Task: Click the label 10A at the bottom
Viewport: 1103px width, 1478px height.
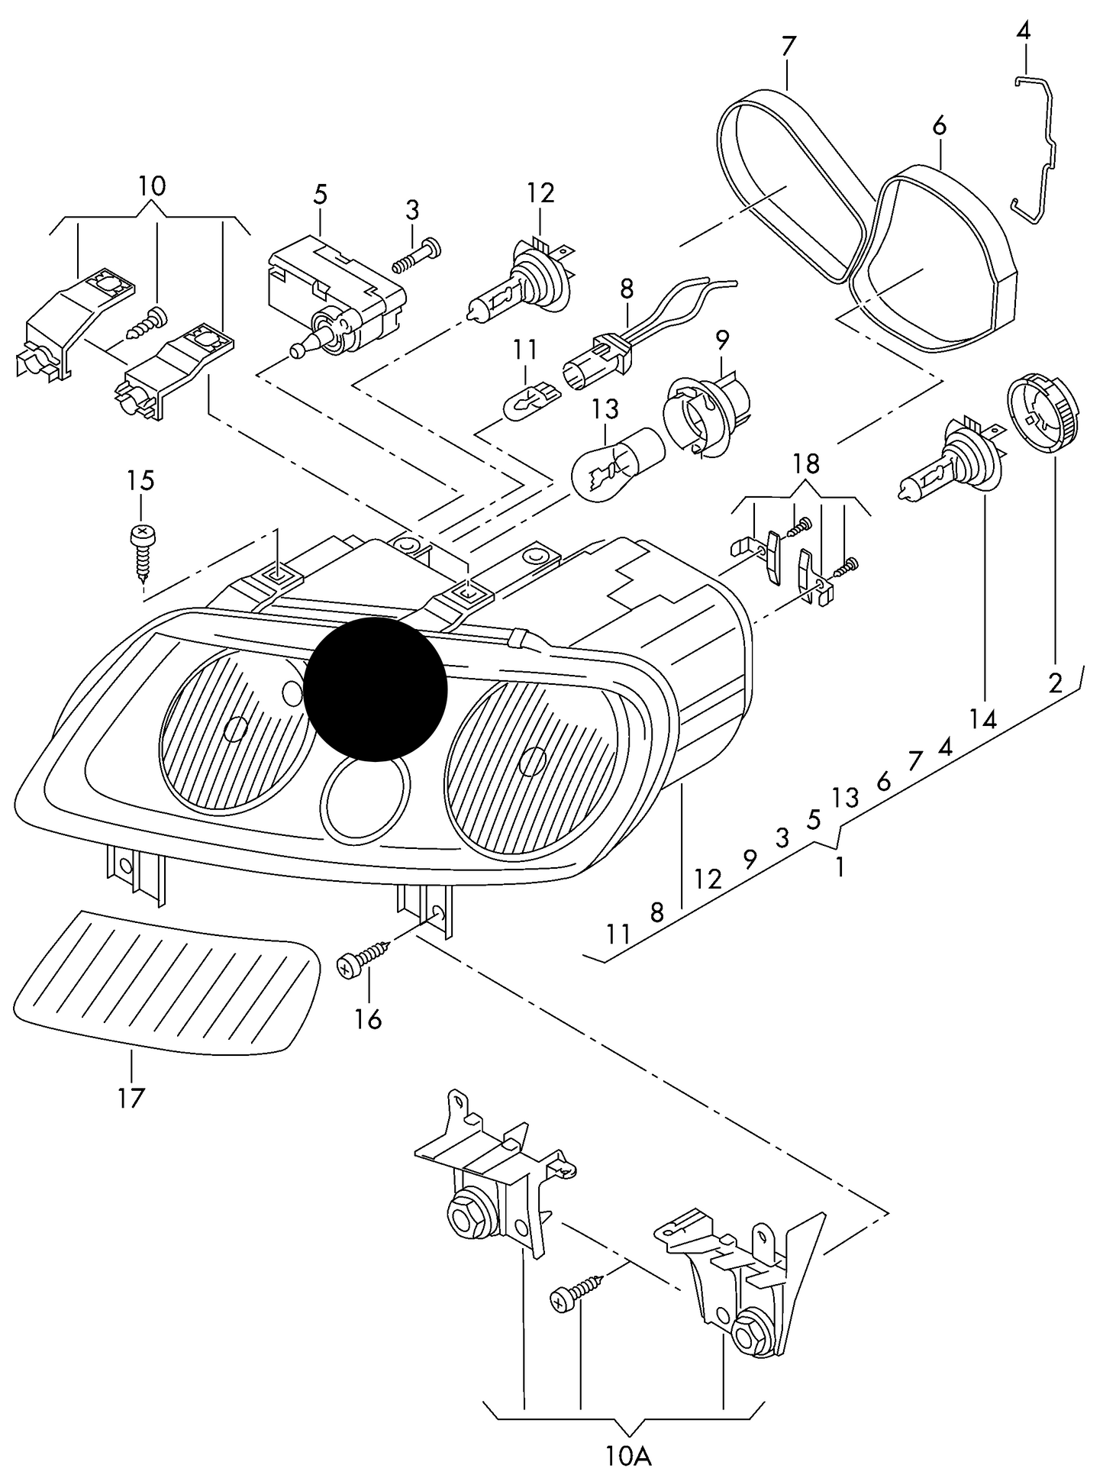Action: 629,1457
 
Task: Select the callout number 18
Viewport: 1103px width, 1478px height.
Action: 806,463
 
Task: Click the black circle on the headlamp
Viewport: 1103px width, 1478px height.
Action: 376,689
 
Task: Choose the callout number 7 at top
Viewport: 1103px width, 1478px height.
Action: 788,47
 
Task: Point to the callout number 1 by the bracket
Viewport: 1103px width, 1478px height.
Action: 840,867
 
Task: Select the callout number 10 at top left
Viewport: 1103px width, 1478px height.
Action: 152,186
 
